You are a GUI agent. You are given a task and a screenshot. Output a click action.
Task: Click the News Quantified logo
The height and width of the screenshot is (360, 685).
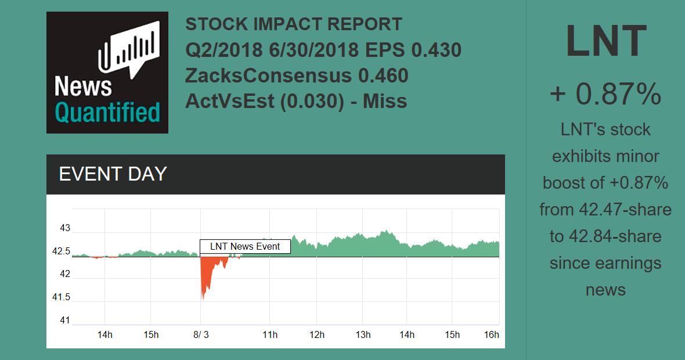[107, 73]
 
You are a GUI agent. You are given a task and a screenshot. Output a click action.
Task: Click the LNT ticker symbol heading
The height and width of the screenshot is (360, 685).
[605, 41]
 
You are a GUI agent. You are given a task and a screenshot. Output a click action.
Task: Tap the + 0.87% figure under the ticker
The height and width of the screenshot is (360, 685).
[605, 94]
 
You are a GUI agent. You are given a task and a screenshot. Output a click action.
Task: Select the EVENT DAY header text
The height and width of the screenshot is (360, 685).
[113, 174]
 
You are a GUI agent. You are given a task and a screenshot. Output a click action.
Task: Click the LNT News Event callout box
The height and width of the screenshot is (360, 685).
[245, 247]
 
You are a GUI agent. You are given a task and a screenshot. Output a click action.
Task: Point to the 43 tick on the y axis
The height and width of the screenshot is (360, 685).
[65, 228]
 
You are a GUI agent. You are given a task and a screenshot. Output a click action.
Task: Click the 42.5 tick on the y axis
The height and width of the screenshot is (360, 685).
[62, 251]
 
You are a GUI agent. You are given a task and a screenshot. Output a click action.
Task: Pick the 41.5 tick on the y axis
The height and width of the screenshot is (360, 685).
[62, 297]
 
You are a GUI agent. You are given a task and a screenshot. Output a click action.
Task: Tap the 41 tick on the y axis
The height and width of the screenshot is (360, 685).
[65, 320]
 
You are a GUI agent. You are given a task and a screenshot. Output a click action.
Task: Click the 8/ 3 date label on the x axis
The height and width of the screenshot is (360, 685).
[201, 335]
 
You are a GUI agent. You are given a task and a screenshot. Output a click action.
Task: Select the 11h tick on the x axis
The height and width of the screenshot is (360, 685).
[270, 335]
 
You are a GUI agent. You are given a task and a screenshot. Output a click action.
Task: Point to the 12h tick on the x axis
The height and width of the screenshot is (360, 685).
[317, 335]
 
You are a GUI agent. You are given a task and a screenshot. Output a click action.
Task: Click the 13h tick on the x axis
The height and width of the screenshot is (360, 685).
[363, 335]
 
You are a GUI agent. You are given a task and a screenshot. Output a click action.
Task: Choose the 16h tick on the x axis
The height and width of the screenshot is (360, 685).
[492, 335]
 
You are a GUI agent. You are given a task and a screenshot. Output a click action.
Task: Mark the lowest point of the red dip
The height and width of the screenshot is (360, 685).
[203, 300]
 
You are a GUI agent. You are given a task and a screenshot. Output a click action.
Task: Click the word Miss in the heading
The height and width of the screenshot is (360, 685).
[385, 101]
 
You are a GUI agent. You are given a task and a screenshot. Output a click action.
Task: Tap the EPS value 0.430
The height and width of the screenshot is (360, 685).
[437, 50]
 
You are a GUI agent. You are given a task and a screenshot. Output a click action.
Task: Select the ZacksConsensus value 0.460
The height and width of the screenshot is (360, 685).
[383, 75]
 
